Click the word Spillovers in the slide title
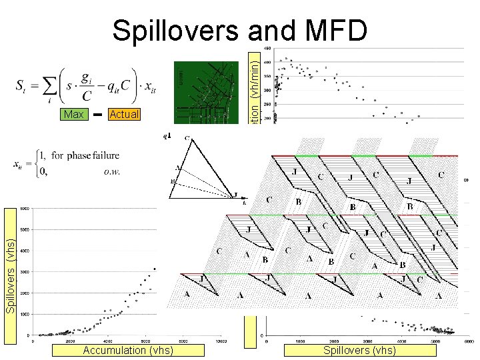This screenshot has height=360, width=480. click(x=173, y=31)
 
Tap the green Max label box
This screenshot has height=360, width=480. click(x=73, y=115)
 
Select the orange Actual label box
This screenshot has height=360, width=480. click(x=123, y=115)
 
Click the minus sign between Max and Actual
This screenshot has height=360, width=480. click(x=97, y=115)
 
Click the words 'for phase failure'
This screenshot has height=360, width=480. click(x=85, y=156)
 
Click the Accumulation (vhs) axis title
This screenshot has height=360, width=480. click(x=128, y=351)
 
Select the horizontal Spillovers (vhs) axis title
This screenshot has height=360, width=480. click(x=359, y=351)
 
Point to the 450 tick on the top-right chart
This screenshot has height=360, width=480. click(x=267, y=49)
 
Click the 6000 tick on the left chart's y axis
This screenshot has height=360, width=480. click(x=23, y=209)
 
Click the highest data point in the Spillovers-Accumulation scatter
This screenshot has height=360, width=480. click(x=155, y=269)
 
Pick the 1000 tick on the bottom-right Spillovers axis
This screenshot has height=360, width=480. click(x=301, y=341)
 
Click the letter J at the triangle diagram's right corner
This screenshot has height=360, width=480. click(x=234, y=195)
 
